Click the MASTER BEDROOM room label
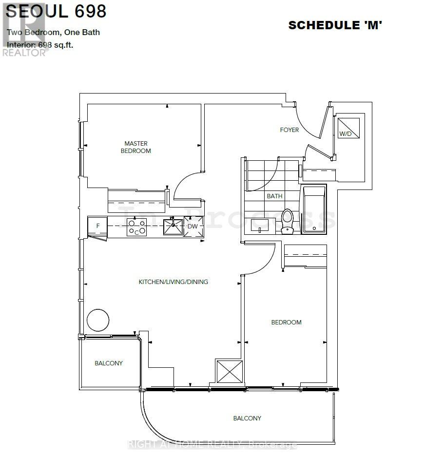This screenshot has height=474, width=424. (136, 147)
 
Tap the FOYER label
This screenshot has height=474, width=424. (289, 130)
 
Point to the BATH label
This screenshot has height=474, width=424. (274, 196)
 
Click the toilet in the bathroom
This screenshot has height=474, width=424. (287, 221)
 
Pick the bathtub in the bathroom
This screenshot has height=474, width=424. (314, 210)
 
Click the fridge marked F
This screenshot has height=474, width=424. (97, 227)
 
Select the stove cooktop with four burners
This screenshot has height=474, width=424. (137, 227)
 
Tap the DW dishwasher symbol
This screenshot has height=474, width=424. (193, 227)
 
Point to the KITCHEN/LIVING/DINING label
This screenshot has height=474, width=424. (173, 282)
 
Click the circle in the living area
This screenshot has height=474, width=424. (97, 320)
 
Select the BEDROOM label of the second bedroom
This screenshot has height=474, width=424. (286, 322)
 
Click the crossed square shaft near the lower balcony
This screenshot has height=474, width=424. (229, 371)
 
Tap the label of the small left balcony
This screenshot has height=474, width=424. (109, 363)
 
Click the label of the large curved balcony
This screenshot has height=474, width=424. (247, 418)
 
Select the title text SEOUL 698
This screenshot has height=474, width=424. (56, 11)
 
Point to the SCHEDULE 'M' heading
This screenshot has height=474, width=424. (335, 25)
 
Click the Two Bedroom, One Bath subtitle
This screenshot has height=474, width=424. (54, 33)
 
